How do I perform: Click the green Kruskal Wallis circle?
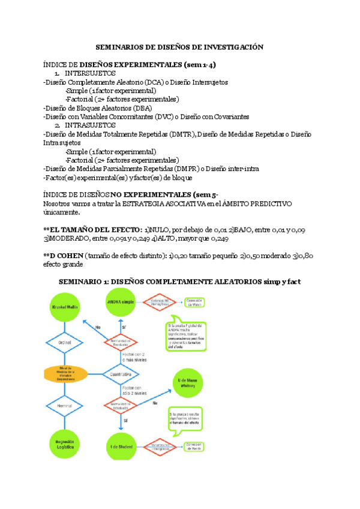tap(65, 306)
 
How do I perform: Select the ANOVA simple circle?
tap(120, 301)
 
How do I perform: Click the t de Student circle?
tap(121, 446)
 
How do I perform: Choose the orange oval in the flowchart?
tap(65, 375)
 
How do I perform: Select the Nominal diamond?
tap(65, 406)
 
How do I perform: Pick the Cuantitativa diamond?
tap(121, 373)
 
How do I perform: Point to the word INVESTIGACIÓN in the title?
tap(232, 46)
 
